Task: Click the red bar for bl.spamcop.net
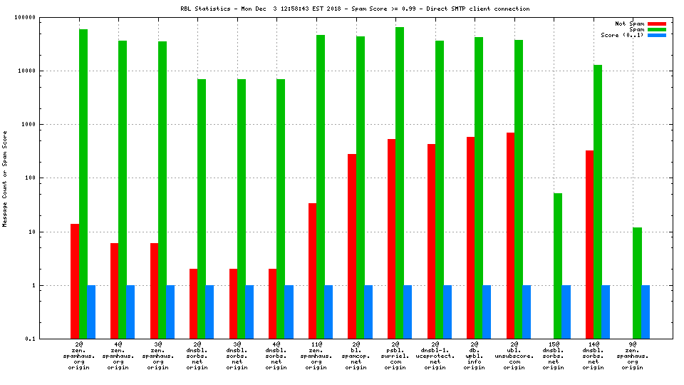click(352, 246)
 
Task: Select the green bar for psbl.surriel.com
click(400, 183)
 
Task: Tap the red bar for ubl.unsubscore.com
click(510, 235)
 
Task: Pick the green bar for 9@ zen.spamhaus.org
click(637, 283)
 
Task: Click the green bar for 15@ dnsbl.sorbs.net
click(558, 266)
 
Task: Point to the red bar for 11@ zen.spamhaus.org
click(312, 271)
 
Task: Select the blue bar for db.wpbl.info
click(487, 312)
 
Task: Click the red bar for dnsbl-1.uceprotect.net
click(431, 241)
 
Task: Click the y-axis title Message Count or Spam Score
click(6, 178)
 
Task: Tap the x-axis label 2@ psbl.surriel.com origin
click(395, 356)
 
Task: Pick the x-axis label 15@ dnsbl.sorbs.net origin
click(554, 356)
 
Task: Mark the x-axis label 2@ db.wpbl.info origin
click(475, 356)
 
